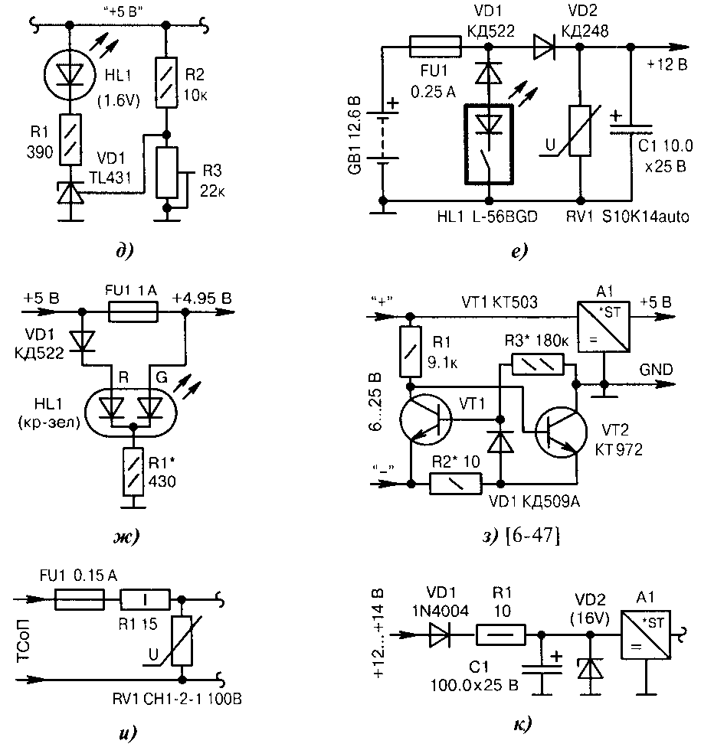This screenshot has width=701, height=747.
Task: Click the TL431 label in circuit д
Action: point(110,178)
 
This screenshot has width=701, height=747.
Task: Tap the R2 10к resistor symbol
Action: point(166,83)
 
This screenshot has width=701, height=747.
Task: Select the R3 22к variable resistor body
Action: point(167,172)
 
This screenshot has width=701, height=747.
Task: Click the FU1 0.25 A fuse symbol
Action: point(435,47)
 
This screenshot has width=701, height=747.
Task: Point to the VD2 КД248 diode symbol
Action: point(544,47)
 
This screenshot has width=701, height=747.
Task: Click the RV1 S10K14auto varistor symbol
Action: point(581,131)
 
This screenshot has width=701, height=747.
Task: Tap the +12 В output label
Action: point(667,64)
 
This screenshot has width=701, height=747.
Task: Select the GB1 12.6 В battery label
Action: point(355,135)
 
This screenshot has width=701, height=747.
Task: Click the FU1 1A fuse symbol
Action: point(133,312)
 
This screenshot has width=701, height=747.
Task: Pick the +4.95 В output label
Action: point(201,298)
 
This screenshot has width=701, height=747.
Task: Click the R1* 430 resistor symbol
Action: point(133,471)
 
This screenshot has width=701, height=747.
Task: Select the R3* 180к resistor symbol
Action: point(538,364)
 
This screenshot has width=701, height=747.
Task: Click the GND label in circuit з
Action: point(656,370)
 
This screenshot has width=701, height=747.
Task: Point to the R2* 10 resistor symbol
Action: point(455,484)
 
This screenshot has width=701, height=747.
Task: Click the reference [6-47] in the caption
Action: point(532,536)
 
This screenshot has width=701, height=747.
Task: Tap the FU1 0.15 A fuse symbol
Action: point(79,599)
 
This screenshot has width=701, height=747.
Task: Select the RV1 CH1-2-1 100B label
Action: point(177,699)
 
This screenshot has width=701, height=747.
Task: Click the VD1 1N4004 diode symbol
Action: point(440,635)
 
